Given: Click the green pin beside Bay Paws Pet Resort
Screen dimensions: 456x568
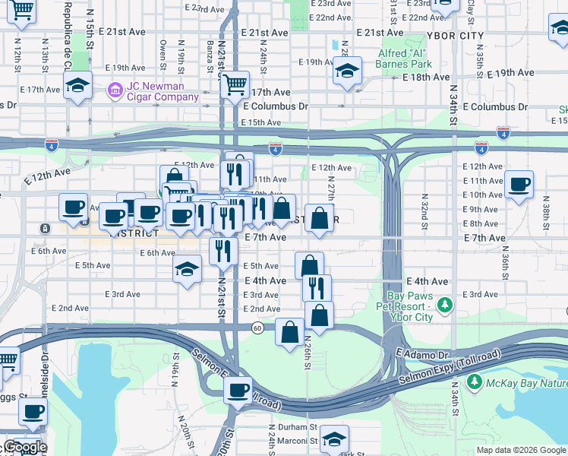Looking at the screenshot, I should click(445, 306).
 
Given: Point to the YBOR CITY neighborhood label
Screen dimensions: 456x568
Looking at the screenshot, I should click(456, 36).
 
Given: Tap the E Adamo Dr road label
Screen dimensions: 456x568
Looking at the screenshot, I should click(423, 354).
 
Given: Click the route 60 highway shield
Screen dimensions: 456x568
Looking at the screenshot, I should click(258, 328).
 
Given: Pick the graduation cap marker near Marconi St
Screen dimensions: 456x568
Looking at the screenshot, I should click(333, 439).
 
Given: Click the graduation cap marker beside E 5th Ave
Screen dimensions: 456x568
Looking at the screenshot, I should click(187, 269).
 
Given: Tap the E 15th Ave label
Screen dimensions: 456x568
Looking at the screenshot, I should click(260, 122).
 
